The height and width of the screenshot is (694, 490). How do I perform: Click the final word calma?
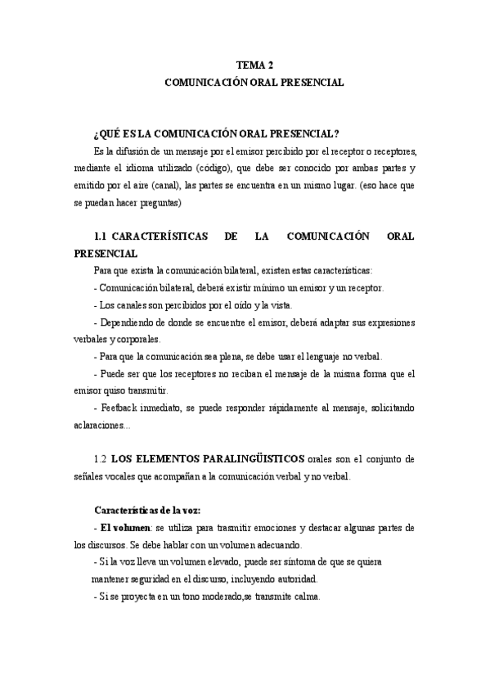click(x=308, y=597)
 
